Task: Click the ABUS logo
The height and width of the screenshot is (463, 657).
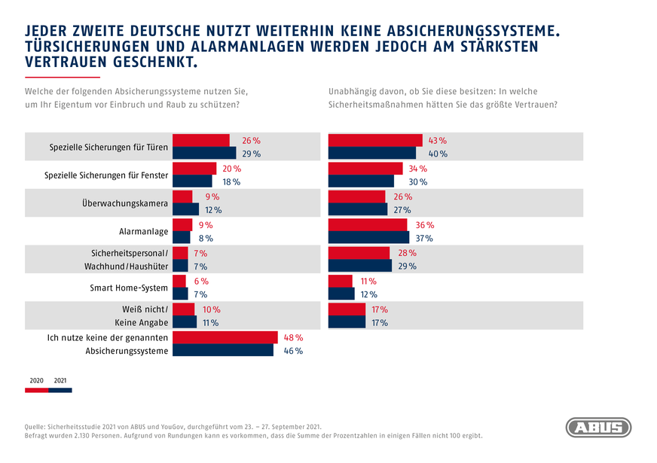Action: pos(598,428)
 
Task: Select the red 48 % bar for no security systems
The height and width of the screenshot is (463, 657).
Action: pos(225,337)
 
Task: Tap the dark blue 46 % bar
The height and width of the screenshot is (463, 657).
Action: pos(223,350)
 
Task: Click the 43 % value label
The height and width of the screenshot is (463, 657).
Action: pos(437,141)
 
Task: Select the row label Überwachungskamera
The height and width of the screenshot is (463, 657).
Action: pos(125,203)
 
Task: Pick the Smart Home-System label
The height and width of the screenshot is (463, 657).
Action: pos(130,288)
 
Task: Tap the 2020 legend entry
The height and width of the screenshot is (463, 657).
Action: pos(36,381)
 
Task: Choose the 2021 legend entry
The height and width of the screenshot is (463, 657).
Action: pos(60,381)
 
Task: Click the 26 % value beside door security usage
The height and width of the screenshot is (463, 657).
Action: pos(250,141)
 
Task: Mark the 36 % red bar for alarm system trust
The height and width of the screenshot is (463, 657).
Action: pos(367,225)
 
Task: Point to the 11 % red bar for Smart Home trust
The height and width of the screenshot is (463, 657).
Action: pos(341,281)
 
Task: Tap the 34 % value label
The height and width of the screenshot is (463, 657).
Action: pos(417,169)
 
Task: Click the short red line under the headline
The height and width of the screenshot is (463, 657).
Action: pos(63,78)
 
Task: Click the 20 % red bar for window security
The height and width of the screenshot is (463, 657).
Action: pos(194,169)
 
